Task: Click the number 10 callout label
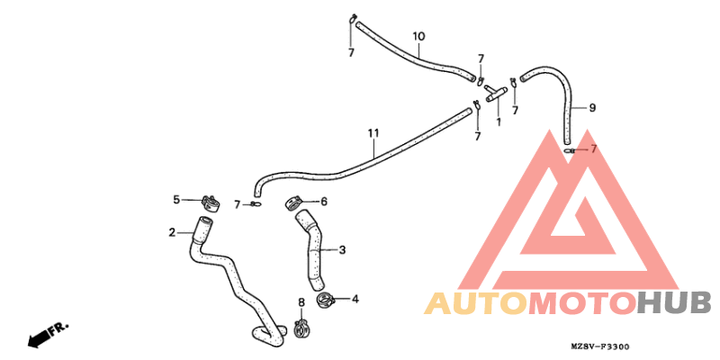pyautogui.click(x=418, y=36)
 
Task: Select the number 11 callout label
pyautogui.click(x=373, y=133)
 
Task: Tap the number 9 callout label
pyautogui.click(x=592, y=108)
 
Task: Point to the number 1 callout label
pyautogui.click(x=499, y=122)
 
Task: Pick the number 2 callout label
pyautogui.click(x=172, y=233)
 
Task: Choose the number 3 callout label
pyautogui.click(x=342, y=250)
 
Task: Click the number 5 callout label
pyautogui.click(x=176, y=200)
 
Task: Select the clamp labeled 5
pyautogui.click(x=210, y=204)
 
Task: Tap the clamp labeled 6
pyautogui.click(x=293, y=203)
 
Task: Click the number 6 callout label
pyautogui.click(x=324, y=201)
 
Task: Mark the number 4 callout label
pyautogui.click(x=355, y=300)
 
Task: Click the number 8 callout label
pyautogui.click(x=301, y=302)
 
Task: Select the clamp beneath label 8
pyautogui.click(x=301, y=328)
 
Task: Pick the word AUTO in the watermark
pyautogui.click(x=476, y=303)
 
